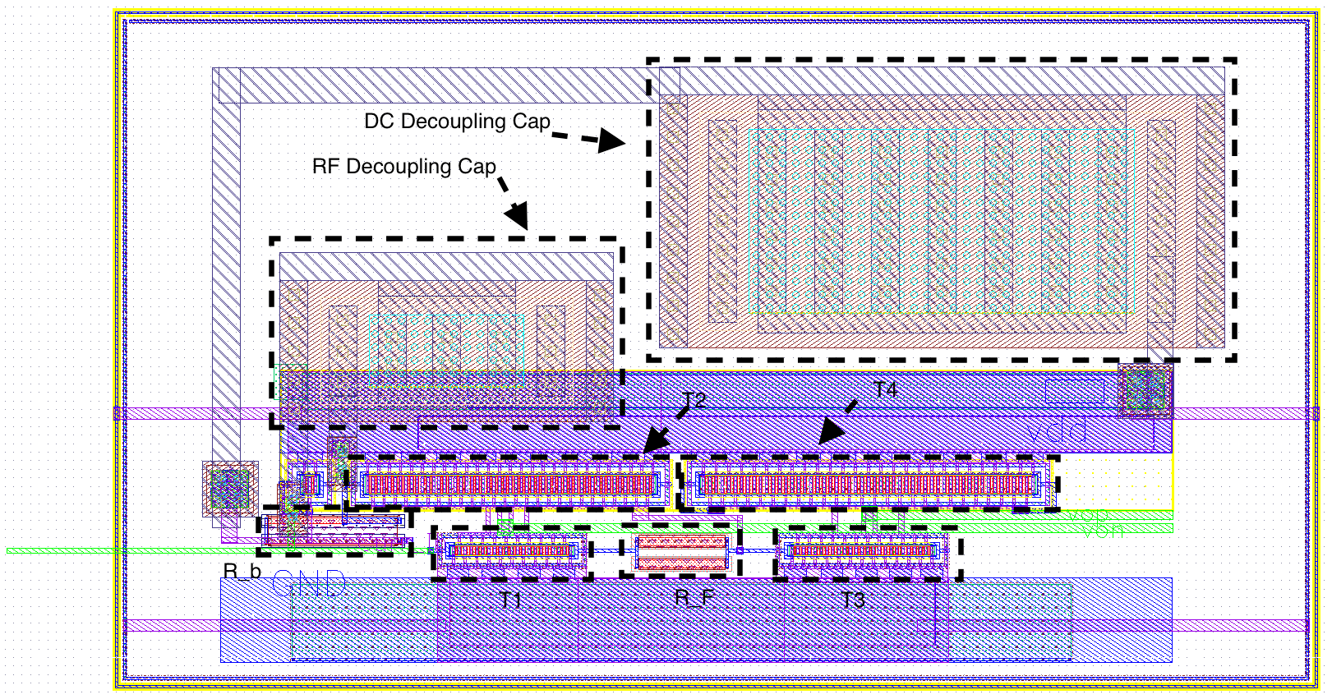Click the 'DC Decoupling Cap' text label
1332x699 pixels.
457,122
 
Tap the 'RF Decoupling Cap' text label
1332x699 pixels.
403,167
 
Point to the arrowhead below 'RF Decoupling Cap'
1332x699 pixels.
517,216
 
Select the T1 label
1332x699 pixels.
511,600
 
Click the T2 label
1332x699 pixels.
694,400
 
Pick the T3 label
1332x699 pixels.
853,600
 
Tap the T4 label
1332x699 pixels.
885,389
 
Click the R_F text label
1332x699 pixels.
694,598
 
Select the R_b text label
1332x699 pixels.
242,572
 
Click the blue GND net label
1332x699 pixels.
310,585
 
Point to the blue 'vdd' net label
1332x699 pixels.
1058,431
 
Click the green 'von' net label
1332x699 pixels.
1103,531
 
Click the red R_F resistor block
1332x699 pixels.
682,552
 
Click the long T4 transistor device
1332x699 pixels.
868,484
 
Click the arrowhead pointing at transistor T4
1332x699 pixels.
831,431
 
